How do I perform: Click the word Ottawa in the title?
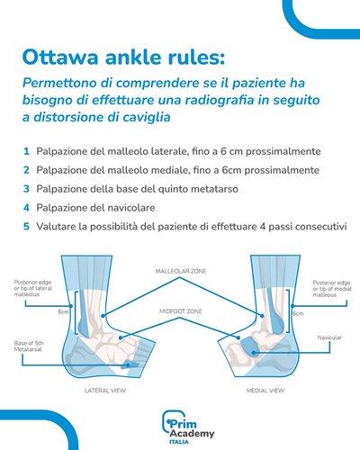(x=60, y=57)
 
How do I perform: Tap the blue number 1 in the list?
(x=26, y=151)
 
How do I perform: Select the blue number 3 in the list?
(x=26, y=189)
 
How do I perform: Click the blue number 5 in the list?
(x=26, y=227)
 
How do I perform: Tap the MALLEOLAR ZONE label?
(x=181, y=271)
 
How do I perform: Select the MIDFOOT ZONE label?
(x=181, y=311)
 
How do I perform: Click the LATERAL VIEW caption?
(x=105, y=391)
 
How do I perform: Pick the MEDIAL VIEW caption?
(x=265, y=391)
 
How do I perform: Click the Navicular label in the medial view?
(x=329, y=337)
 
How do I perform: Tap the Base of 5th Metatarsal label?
(x=29, y=346)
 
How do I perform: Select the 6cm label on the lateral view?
(x=64, y=312)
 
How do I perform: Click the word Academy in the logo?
(x=192, y=434)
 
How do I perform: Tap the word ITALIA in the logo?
(x=179, y=442)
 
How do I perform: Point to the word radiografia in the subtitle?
(x=220, y=100)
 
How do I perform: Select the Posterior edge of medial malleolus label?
(x=332, y=289)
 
